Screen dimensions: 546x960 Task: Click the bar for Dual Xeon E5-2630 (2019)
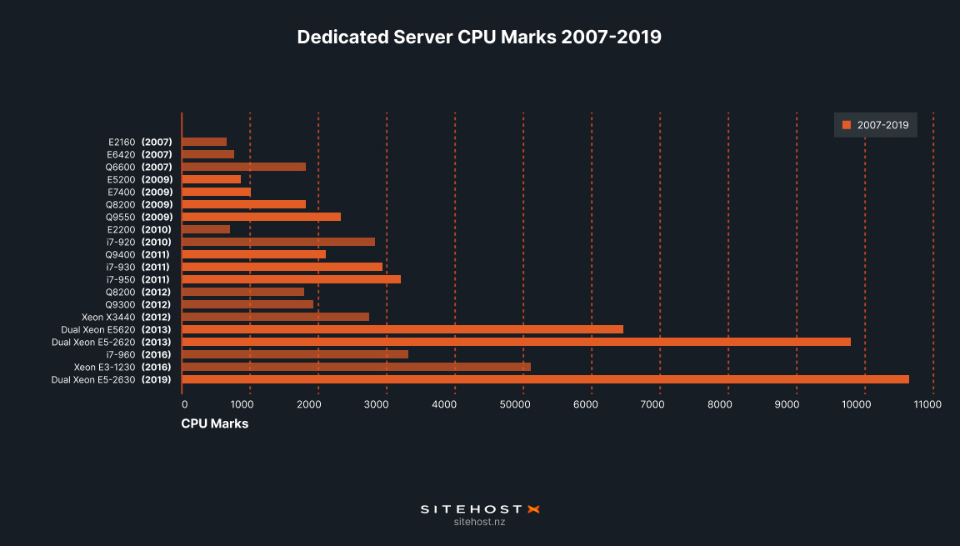click(x=545, y=379)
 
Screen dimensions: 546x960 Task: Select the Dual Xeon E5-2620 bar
click(x=516, y=342)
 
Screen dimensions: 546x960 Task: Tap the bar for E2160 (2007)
click(x=204, y=142)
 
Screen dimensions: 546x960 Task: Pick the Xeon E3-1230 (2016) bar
click(x=356, y=367)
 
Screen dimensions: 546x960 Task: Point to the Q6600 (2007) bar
click(x=243, y=167)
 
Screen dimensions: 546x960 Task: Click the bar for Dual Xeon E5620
click(x=402, y=329)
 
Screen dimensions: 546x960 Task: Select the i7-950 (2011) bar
click(x=291, y=279)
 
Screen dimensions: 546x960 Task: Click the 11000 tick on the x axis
click(x=927, y=404)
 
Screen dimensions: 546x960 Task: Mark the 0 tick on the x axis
click(x=185, y=404)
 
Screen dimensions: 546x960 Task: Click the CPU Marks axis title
click(x=215, y=423)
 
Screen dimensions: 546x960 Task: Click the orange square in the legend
click(x=847, y=125)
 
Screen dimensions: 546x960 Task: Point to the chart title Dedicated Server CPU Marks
click(x=479, y=38)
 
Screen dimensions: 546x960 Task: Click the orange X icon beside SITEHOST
click(x=534, y=508)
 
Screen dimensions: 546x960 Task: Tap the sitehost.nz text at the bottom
click(x=479, y=522)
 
